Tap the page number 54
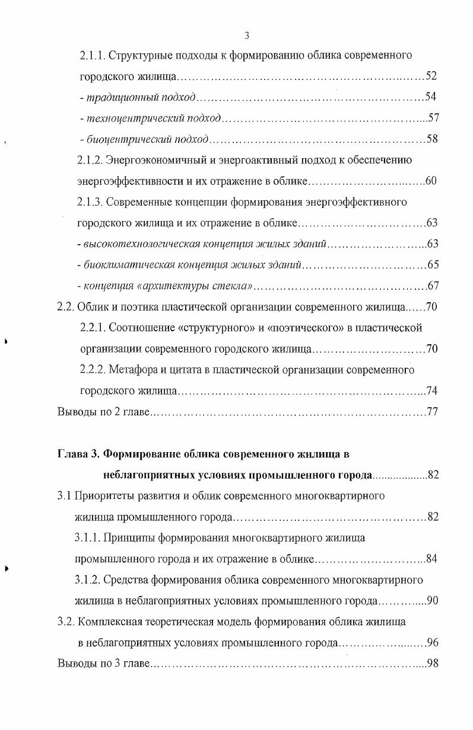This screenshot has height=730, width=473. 431,97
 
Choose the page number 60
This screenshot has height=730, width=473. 431,181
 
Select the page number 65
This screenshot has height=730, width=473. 433,264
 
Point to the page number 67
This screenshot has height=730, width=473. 433,286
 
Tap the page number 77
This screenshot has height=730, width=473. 433,412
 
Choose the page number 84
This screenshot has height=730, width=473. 433,558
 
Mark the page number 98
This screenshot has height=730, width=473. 433,662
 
